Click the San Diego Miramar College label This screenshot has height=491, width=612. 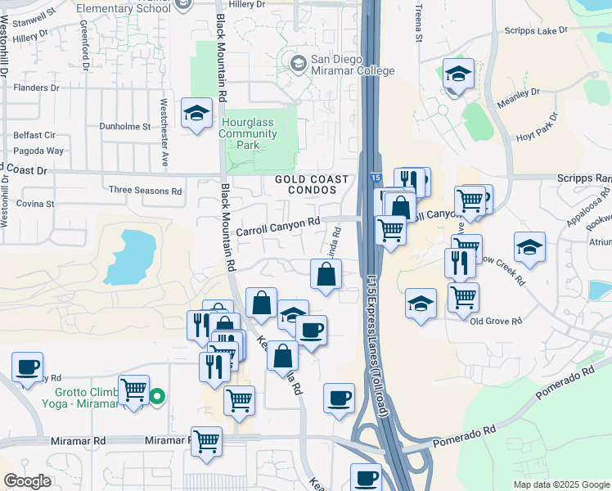[x=342, y=66]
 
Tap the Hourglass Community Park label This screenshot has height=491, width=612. [x=248, y=133]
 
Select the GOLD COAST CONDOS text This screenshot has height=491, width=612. [x=312, y=184]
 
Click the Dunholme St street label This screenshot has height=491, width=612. [x=125, y=127]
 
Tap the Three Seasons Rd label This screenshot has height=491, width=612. [x=146, y=191]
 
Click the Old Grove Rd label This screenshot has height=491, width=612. [x=496, y=321]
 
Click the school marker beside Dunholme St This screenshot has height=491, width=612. [x=196, y=115]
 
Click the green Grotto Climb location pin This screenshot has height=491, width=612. [x=158, y=398]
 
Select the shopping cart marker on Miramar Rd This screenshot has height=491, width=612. [x=206, y=441]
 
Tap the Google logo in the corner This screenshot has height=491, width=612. [x=28, y=481]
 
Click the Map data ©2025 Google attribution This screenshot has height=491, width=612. [x=561, y=484]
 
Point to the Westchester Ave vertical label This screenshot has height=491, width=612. [x=164, y=133]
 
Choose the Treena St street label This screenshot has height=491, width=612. [x=418, y=22]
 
